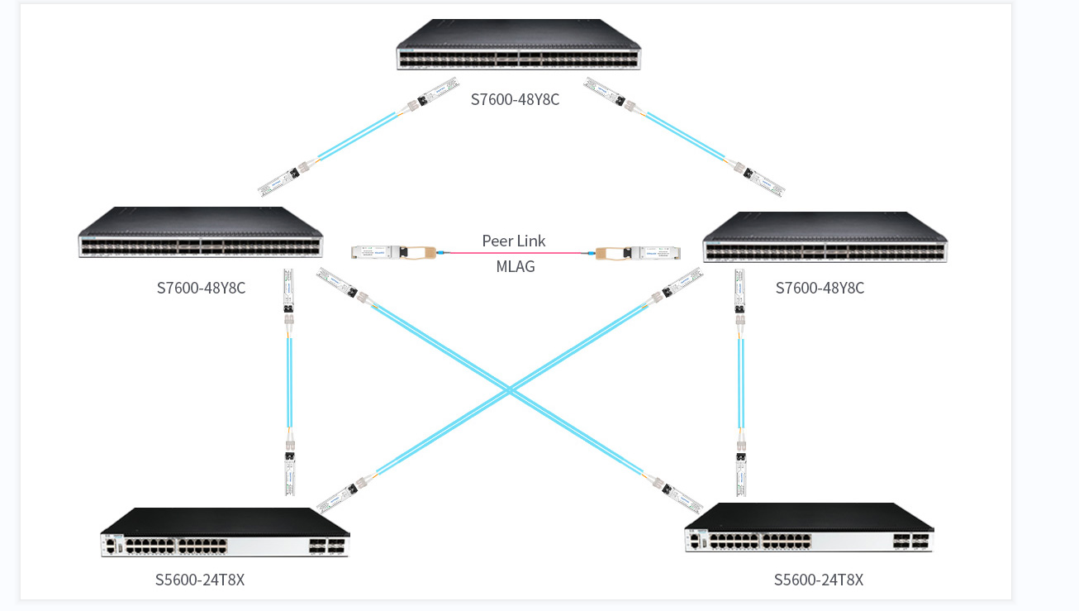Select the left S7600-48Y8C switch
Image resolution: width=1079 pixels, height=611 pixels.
click(x=200, y=234)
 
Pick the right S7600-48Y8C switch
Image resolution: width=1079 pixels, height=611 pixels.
click(x=825, y=239)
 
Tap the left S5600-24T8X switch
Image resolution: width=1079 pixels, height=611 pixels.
click(x=225, y=533)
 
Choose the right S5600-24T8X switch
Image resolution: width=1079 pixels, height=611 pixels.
click(x=809, y=529)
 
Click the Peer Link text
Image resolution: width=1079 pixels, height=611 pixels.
click(x=514, y=241)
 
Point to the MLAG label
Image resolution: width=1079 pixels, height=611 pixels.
click(x=515, y=266)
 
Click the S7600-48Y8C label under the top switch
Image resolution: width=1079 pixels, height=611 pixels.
click(x=515, y=100)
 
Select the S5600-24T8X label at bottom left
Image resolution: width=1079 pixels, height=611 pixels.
click(x=200, y=580)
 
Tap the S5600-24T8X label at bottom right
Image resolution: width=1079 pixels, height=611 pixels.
click(x=818, y=580)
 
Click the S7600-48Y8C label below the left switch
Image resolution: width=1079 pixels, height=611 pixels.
click(x=201, y=288)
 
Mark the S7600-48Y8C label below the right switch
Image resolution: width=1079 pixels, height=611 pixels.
click(x=820, y=288)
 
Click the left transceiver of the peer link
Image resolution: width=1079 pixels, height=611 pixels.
click(x=388, y=251)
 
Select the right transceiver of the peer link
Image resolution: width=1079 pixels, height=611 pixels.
click(x=637, y=251)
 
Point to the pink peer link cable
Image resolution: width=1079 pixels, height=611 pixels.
click(x=514, y=253)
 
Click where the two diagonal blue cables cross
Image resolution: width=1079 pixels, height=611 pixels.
click(x=511, y=389)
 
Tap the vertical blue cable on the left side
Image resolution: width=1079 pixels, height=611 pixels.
click(x=289, y=380)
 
